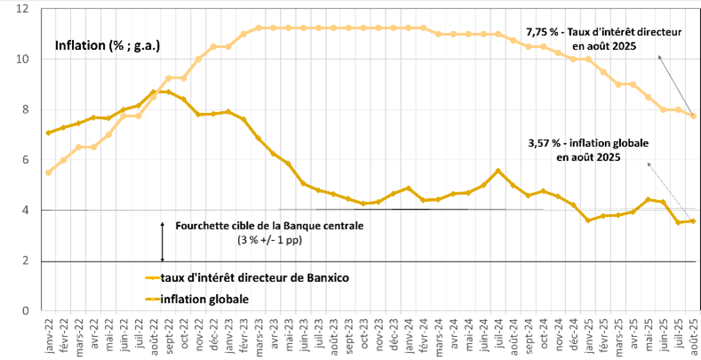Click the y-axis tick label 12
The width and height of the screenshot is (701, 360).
[21, 9]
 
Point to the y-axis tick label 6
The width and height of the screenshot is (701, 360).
[24, 160]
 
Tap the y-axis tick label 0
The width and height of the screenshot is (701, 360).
[24, 311]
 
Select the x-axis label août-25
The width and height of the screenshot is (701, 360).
[693, 336]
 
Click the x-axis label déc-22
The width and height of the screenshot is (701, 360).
[213, 336]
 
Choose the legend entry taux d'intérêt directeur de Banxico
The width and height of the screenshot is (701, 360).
[249, 277]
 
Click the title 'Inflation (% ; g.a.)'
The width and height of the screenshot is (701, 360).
[107, 45]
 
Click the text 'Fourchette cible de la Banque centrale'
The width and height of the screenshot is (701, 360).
[272, 226]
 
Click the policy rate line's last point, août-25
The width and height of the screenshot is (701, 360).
[693, 116]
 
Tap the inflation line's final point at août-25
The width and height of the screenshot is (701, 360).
[693, 220]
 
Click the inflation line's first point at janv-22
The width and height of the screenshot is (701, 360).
[47, 132]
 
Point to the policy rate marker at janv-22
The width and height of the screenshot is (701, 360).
[47, 172]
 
